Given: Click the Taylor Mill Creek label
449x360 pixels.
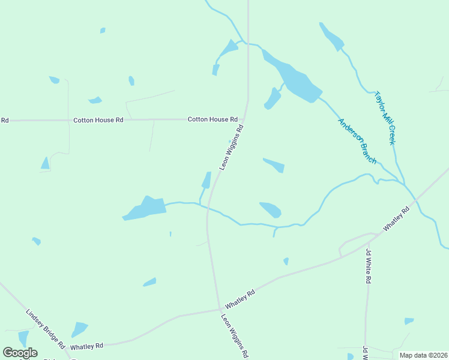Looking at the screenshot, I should pyautogui.click(x=385, y=118).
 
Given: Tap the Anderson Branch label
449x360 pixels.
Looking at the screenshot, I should pyautogui.click(x=357, y=141).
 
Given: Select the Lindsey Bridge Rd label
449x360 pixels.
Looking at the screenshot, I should pyautogui.click(x=45, y=329).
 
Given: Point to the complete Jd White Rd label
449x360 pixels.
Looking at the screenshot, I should pyautogui.click(x=368, y=267).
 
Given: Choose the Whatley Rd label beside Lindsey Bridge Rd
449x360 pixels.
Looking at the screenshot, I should pyautogui.click(x=86, y=346).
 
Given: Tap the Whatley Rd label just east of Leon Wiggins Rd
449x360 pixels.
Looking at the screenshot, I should pyautogui.click(x=240, y=298).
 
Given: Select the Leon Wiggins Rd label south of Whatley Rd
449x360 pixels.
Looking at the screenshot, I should pyautogui.click(x=235, y=335).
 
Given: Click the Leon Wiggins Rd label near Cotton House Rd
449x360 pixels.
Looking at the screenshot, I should pyautogui.click(x=232, y=147).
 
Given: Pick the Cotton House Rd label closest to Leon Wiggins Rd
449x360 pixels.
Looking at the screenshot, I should pyautogui.click(x=212, y=119).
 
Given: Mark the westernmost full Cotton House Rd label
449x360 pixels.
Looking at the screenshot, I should pyautogui.click(x=98, y=120).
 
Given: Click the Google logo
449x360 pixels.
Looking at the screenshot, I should pyautogui.click(x=20, y=353).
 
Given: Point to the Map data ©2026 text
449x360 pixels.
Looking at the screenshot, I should pyautogui.click(x=423, y=355).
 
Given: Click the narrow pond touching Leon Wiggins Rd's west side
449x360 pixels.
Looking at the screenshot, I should pyautogui.click(x=206, y=180).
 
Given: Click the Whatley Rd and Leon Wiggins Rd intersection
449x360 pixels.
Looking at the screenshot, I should pyautogui.click(x=218, y=310).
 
